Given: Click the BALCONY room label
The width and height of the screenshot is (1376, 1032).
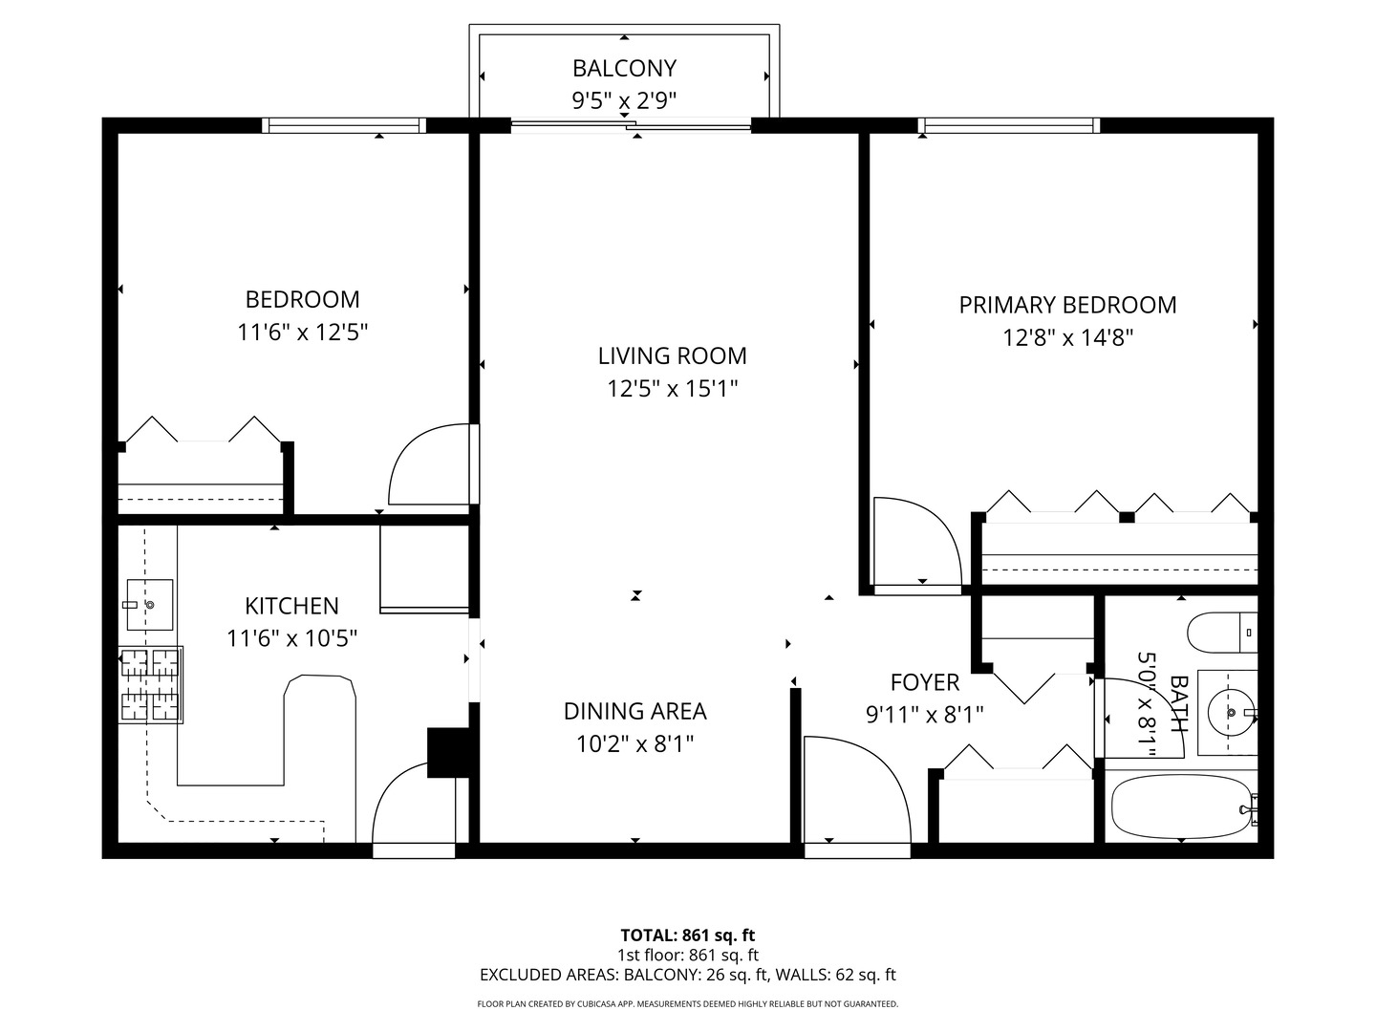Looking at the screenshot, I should click(x=624, y=69).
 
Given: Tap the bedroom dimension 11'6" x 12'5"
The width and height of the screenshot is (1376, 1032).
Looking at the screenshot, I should click(x=303, y=333).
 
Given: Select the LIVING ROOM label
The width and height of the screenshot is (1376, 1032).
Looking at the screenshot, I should click(x=672, y=356).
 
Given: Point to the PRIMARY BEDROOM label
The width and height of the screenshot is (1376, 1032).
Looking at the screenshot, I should click(x=1067, y=305).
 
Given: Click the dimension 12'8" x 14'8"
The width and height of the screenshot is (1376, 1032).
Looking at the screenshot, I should click(x=1067, y=338).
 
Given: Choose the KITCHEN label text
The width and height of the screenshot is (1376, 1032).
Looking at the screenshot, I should click(x=291, y=606).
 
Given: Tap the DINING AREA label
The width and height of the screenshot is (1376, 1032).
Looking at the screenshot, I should click(x=634, y=711).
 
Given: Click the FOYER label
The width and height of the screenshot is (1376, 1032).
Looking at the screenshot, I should click(x=924, y=682).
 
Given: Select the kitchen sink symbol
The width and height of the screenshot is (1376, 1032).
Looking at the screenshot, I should click(x=149, y=605).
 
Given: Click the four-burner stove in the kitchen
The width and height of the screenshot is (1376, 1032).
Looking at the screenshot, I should click(x=150, y=684).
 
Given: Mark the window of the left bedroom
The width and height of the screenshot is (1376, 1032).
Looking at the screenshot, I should click(x=344, y=125).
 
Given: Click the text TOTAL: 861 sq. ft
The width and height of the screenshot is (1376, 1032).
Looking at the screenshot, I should click(x=688, y=935).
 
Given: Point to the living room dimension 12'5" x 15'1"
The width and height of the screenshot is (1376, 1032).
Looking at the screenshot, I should click(x=672, y=389).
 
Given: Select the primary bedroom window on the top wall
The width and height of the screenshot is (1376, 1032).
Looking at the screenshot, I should click(x=1008, y=125).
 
